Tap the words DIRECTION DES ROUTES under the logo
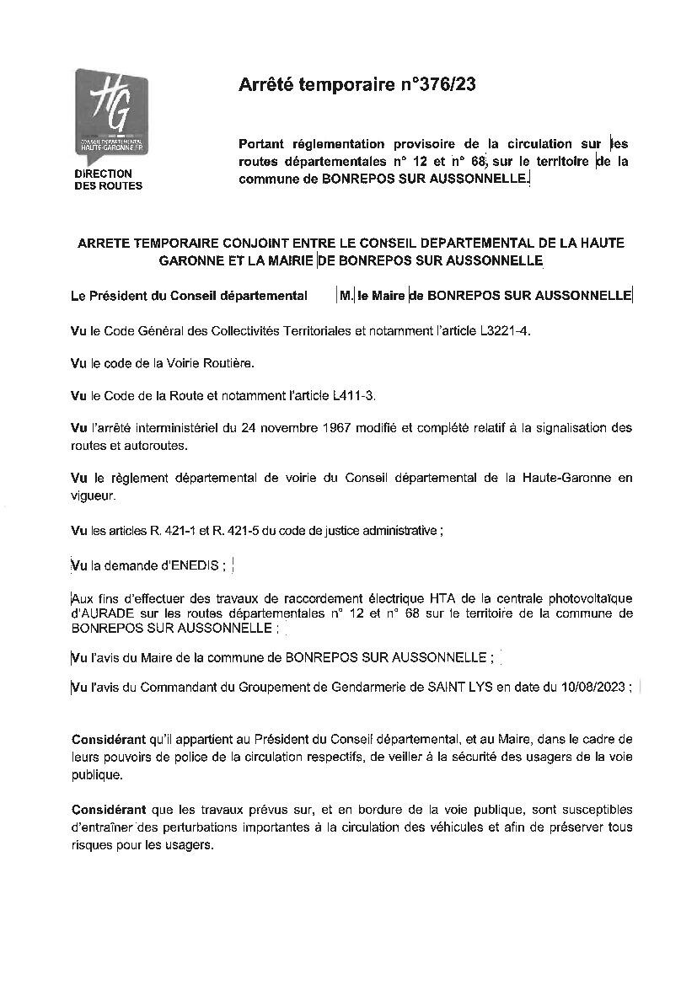point(109,179)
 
